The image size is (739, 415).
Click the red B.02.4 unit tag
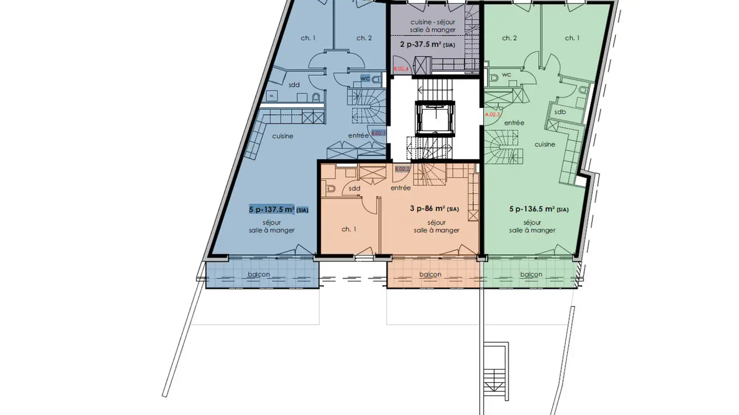pyautogui.click(x=401, y=69)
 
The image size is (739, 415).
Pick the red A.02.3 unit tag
pyautogui.click(x=492, y=115)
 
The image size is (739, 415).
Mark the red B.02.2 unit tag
pyautogui.click(x=402, y=169)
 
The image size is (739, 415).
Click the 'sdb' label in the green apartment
pyautogui.click(x=560, y=112)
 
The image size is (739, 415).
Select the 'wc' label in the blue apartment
pyautogui.click(x=365, y=78)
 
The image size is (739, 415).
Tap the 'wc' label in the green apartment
pyautogui.click(x=507, y=75)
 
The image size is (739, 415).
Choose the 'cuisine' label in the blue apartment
pyautogui.click(x=283, y=136)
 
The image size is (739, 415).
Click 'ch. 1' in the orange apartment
pyautogui.click(x=349, y=229)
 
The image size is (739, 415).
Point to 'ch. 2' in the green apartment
pyautogui.click(x=509, y=38)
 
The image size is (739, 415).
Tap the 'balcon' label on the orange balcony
pyautogui.click(x=430, y=274)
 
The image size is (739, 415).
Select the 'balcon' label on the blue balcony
pyautogui.click(x=259, y=274)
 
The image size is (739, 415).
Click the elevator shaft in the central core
pyautogui.click(x=435, y=118)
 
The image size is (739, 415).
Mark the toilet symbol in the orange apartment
pyautogui.click(x=331, y=189)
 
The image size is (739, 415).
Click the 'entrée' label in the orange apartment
pyautogui.click(x=400, y=188)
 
